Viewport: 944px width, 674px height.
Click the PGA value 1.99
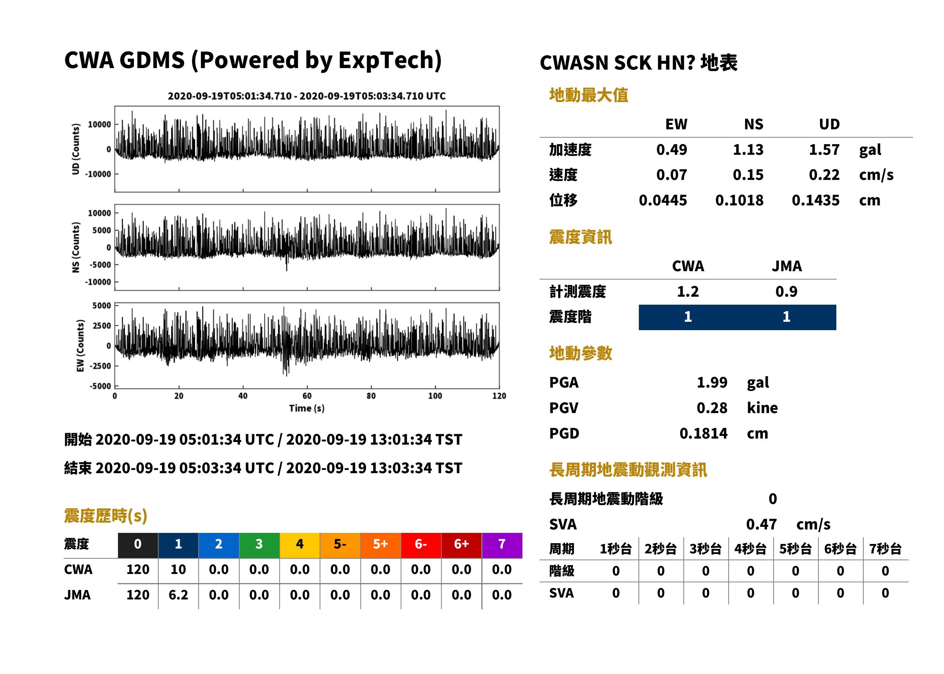[712, 382]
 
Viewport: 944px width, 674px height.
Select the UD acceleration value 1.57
[824, 149]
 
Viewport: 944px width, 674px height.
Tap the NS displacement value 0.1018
[739, 200]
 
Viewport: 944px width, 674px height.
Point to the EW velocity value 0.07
[671, 175]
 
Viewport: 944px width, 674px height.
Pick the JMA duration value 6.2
[178, 595]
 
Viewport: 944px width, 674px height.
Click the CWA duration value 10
[178, 569]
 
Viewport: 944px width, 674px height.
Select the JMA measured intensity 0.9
[786, 291]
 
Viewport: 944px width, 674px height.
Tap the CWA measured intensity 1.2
[688, 291]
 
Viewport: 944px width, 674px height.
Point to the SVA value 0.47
[761, 524]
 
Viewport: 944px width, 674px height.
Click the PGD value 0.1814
[703, 433]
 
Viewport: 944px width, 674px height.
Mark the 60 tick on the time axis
[307, 396]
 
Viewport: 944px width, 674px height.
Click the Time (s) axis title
[307, 409]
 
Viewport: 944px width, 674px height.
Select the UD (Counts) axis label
[76, 149]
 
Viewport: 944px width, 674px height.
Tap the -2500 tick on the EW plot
[100, 366]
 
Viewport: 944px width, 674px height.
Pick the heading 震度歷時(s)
[105, 516]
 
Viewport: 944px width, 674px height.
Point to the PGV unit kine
[762, 408]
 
